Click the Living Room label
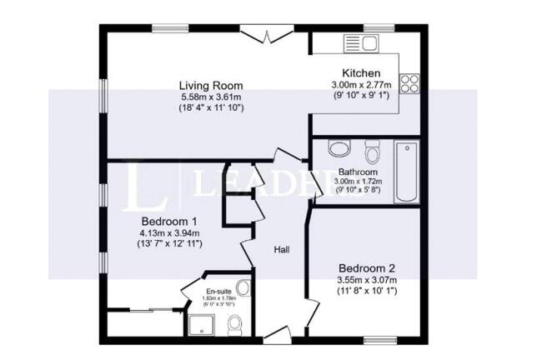tap(212, 86)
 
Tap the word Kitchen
tap(361, 73)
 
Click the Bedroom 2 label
tap(366, 269)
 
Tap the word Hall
tap(282, 248)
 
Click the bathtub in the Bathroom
tap(406, 172)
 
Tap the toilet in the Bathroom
tap(372, 152)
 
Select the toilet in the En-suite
tap(236, 323)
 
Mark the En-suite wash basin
tap(243, 288)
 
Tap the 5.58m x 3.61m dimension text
tap(212, 97)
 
